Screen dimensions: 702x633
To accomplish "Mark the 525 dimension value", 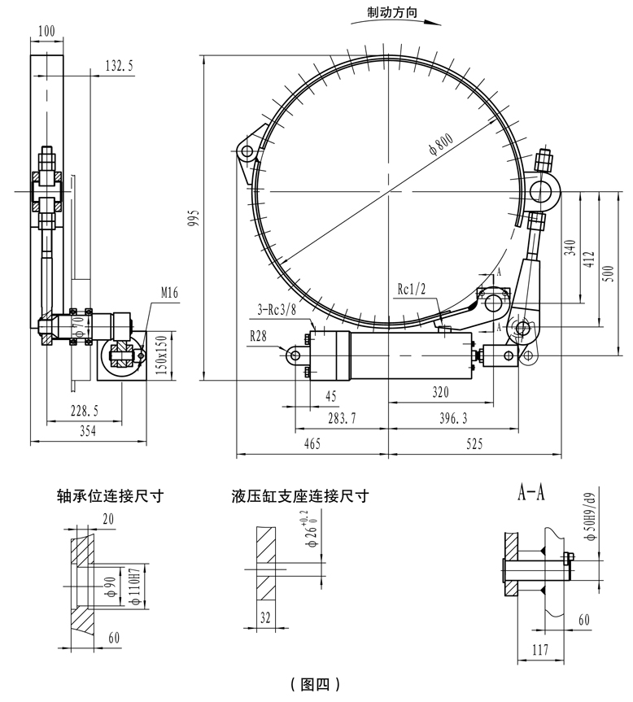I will [475, 444].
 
